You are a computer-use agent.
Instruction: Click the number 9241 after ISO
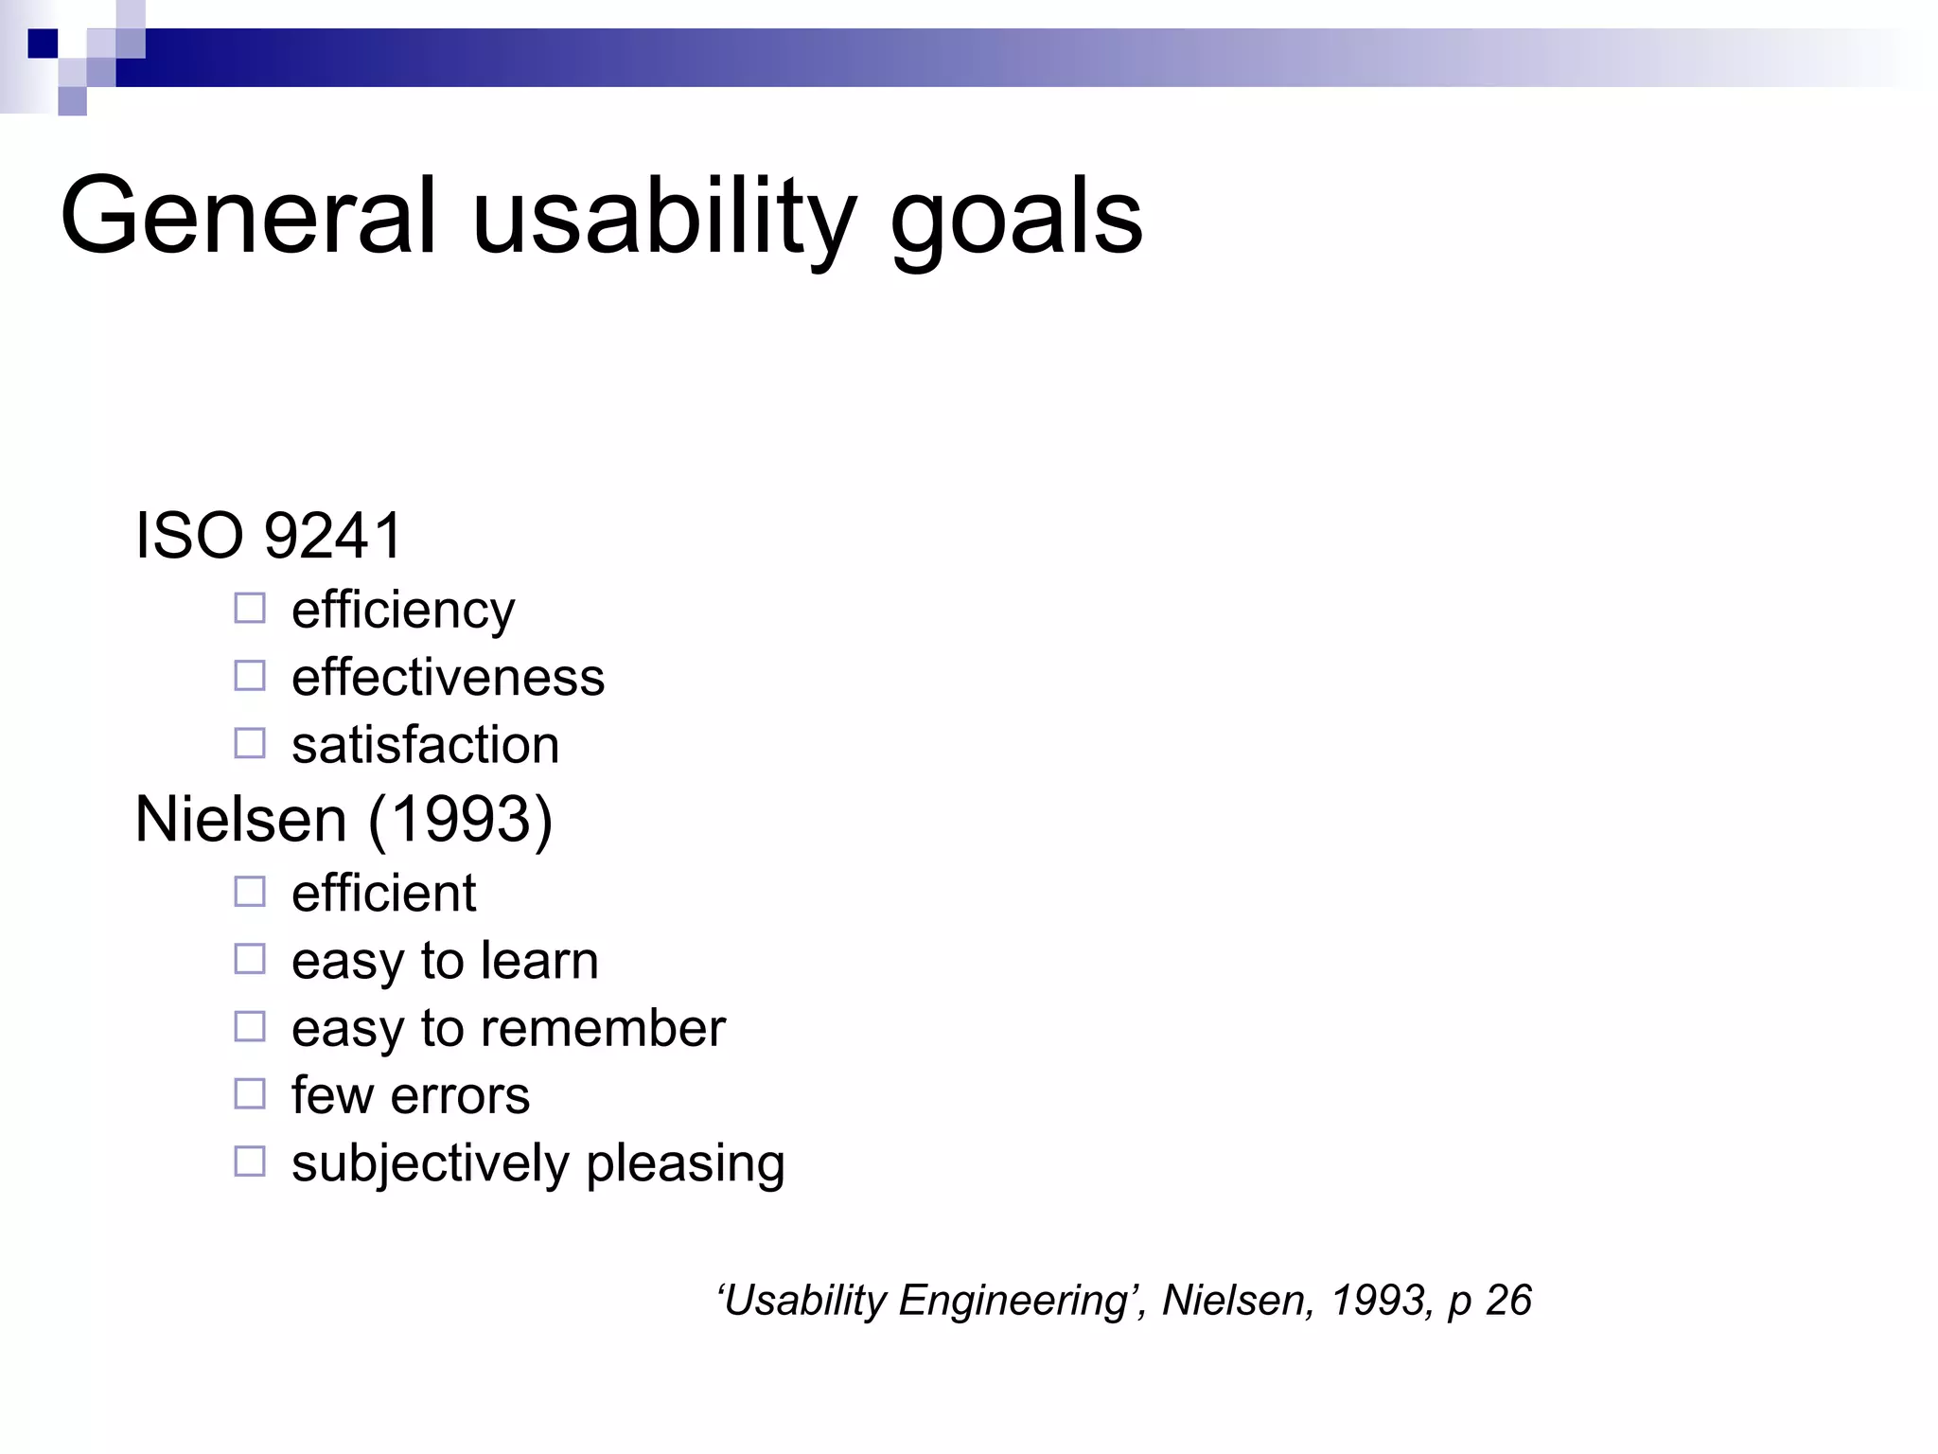point(333,536)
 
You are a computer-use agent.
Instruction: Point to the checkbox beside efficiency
point(250,608)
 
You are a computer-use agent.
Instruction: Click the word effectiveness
point(448,678)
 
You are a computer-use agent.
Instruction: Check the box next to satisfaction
point(250,743)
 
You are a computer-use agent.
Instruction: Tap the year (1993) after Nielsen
point(460,819)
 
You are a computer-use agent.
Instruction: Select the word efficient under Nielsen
point(383,893)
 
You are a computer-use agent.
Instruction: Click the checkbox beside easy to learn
point(250,959)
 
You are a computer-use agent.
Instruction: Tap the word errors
point(460,1096)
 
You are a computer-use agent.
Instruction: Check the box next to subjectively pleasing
point(250,1161)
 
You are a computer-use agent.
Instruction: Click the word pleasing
point(685,1164)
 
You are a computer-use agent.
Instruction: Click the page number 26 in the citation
point(1508,1301)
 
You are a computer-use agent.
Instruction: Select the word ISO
point(189,536)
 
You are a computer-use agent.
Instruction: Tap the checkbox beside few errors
point(250,1093)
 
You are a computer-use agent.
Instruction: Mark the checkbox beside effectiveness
point(250,676)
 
